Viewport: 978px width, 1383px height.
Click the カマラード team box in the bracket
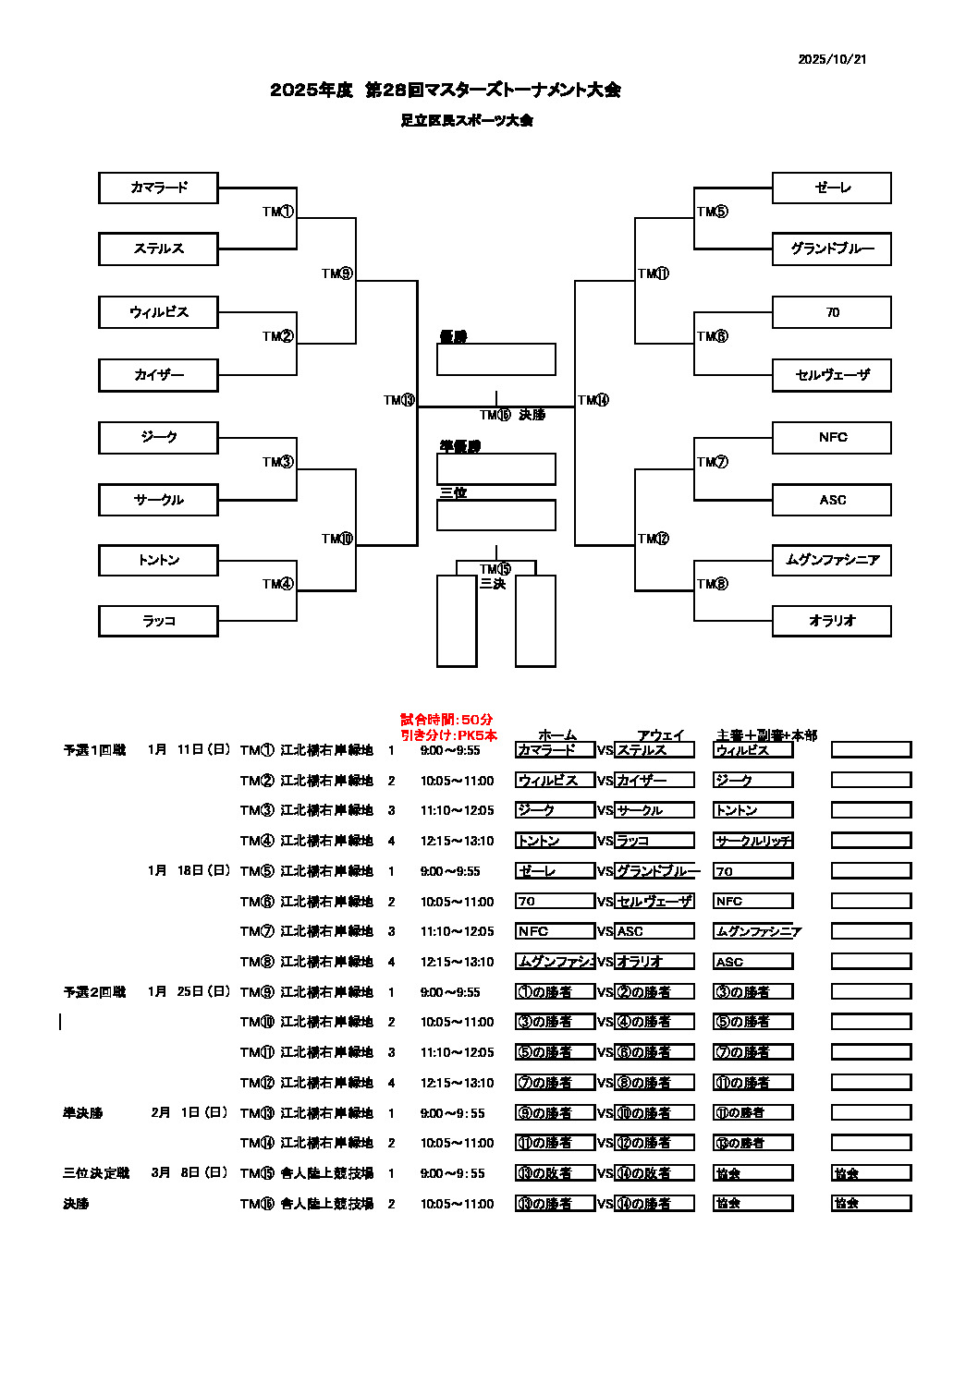point(158,188)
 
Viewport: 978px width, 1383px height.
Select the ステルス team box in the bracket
point(158,249)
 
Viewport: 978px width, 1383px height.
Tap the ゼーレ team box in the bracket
point(832,188)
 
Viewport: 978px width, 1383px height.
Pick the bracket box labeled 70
point(832,312)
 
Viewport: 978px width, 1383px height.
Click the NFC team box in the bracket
point(832,437)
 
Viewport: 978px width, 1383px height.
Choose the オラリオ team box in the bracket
point(832,621)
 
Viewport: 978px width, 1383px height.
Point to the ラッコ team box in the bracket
point(158,621)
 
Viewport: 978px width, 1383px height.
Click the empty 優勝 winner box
point(495,359)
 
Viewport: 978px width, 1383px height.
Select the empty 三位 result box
point(495,516)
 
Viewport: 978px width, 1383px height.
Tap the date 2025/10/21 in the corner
point(832,59)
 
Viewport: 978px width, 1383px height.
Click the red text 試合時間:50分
point(446,720)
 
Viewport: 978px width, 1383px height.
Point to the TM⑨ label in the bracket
point(336,273)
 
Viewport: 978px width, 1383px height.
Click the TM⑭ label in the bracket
point(593,400)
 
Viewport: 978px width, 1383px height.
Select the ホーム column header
point(556,735)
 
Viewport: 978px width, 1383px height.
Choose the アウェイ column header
point(660,735)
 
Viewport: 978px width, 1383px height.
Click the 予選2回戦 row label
point(94,992)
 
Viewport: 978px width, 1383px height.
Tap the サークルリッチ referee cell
point(752,841)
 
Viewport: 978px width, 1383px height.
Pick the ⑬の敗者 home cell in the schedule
point(554,1173)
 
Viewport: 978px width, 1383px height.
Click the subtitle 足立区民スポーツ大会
point(467,120)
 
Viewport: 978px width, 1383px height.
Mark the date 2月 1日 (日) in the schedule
point(189,1113)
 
